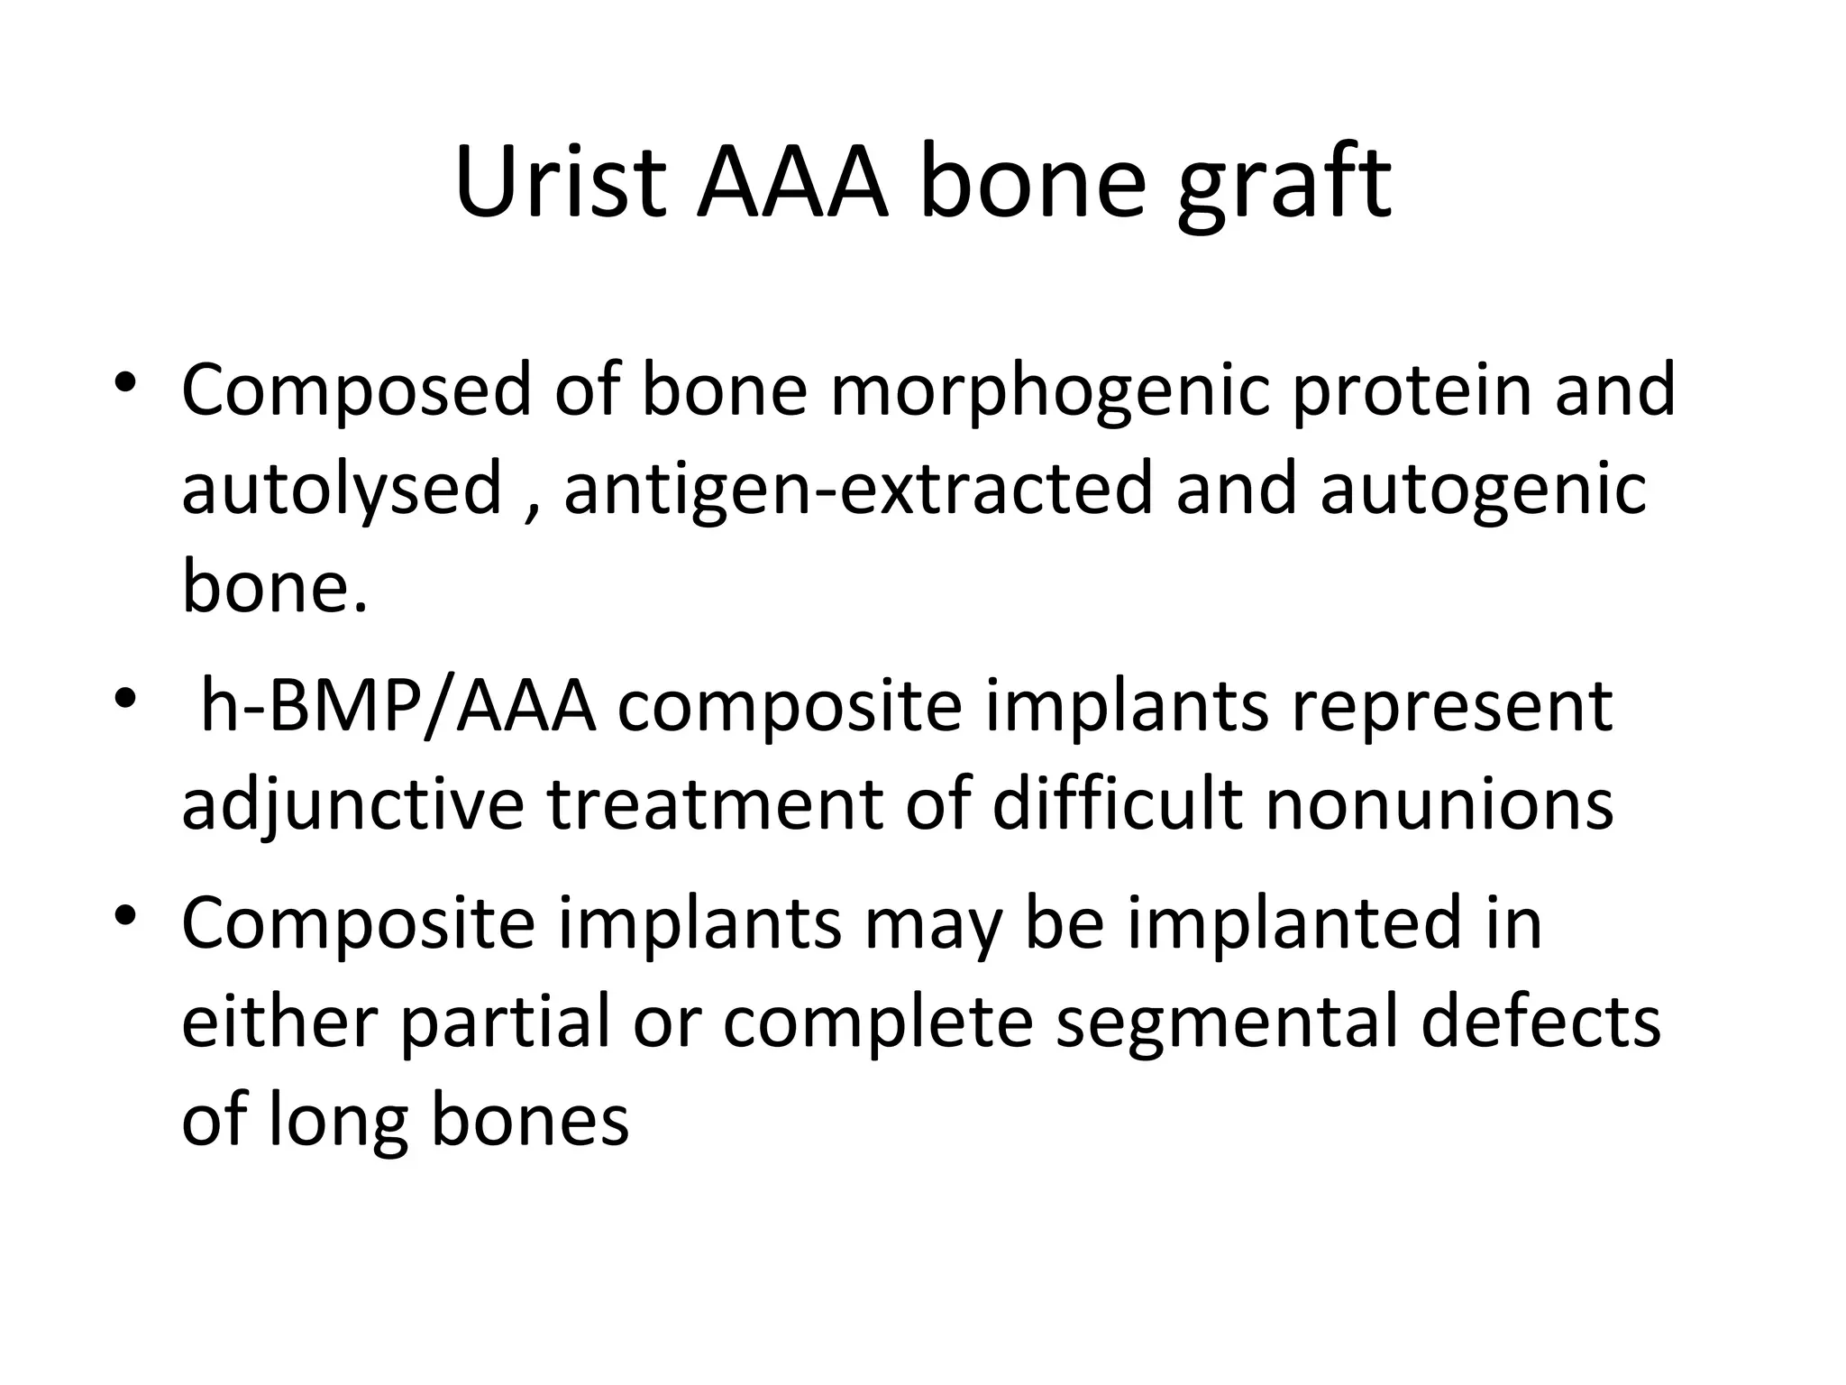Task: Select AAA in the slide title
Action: click(x=793, y=185)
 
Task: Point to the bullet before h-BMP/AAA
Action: click(x=126, y=699)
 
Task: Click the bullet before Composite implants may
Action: click(x=126, y=918)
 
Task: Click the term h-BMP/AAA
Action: click(x=398, y=708)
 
